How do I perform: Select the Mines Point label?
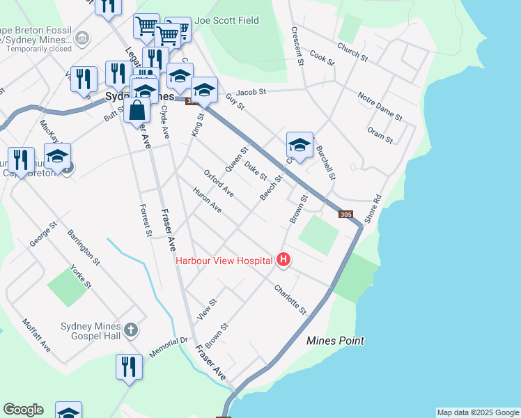point(336,341)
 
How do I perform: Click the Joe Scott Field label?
point(227,21)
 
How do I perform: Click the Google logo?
point(23,410)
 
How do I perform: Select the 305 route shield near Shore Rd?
point(346,215)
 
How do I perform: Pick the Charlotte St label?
point(290,298)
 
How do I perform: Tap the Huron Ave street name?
point(208,200)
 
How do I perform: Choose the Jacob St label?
point(251,91)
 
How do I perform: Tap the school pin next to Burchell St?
point(300,146)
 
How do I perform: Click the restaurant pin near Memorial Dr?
point(129,366)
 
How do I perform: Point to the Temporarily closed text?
point(40,49)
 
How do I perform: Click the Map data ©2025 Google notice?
point(478,412)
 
